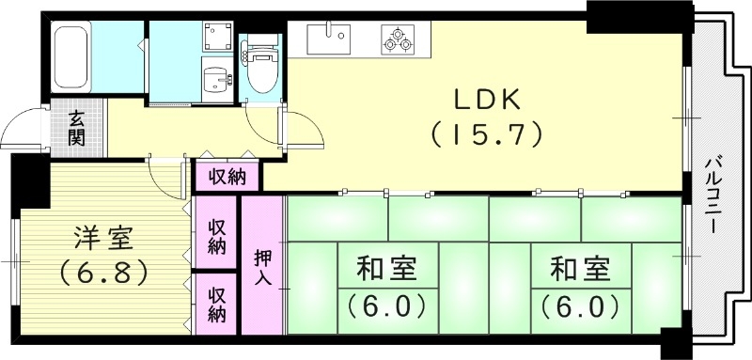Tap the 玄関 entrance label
click(76, 129)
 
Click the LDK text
click(487, 99)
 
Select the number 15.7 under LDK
click(487, 134)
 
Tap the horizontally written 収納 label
click(227, 175)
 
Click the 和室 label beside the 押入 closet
click(386, 271)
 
